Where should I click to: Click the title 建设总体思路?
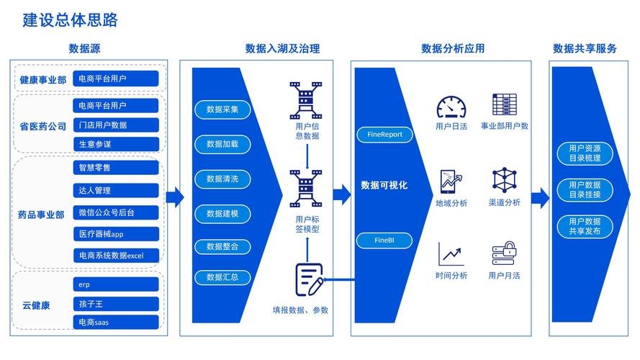point(70,20)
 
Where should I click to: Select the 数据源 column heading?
point(84,49)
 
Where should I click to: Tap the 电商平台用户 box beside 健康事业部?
point(116,78)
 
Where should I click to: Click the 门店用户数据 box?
point(116,125)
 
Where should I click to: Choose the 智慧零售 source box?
point(116,168)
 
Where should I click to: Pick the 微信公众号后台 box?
point(116,212)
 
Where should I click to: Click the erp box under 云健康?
point(116,284)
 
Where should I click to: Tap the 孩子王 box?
point(116,303)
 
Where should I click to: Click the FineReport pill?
point(384,134)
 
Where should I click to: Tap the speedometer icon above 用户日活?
point(451,107)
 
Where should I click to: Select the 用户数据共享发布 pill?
point(585,226)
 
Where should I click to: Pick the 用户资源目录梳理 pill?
point(585,153)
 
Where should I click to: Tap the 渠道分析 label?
point(504,203)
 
